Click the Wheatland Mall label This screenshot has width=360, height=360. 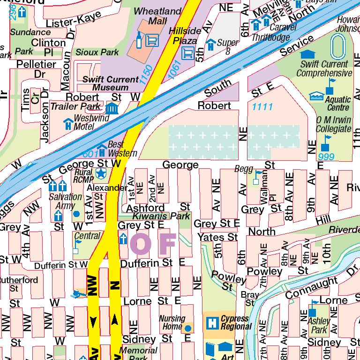157,16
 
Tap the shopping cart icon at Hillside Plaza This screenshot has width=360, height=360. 188,53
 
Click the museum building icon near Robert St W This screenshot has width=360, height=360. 112,109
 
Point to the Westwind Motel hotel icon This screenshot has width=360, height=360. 68,124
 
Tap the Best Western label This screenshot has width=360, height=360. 122,149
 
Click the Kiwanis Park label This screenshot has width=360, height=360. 155,216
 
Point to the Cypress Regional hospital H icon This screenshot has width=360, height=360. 212,322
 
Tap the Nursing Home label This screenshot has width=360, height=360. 172,322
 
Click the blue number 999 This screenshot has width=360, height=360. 326,156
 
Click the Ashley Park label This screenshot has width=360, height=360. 319,325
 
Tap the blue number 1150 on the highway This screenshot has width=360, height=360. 146,75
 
